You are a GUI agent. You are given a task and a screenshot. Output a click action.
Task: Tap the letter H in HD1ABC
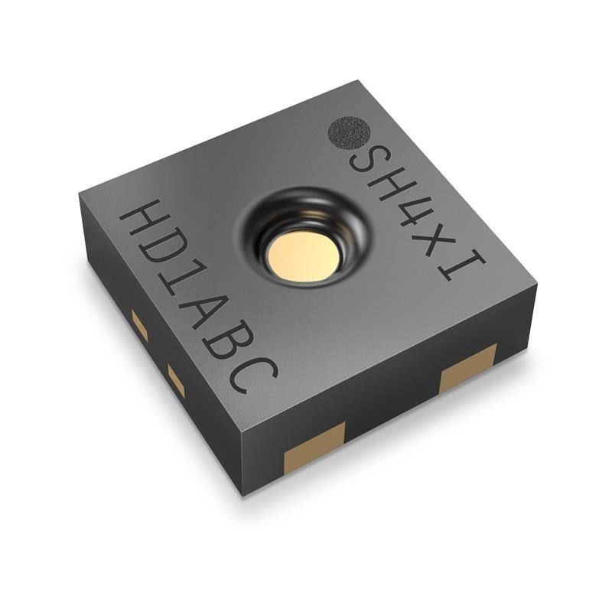point(142,222)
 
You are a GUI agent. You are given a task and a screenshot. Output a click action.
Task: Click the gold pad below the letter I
point(467,368)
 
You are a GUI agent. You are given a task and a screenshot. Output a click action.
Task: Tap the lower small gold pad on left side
point(176,380)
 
